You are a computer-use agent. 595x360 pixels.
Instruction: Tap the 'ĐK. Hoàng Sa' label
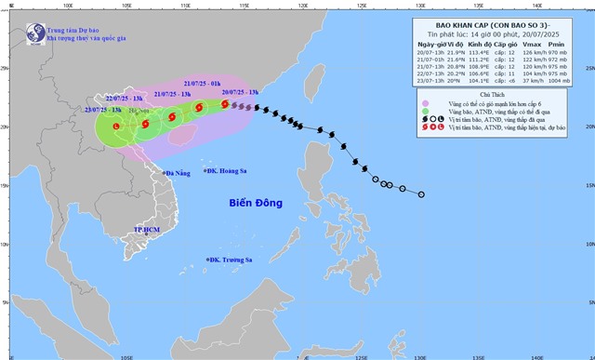pyautogui.click(x=223, y=171)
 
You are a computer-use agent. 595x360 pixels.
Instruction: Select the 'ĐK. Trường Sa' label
pyautogui.click(x=232, y=260)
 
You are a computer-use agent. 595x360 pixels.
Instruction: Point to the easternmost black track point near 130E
pyautogui.click(x=421, y=194)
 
